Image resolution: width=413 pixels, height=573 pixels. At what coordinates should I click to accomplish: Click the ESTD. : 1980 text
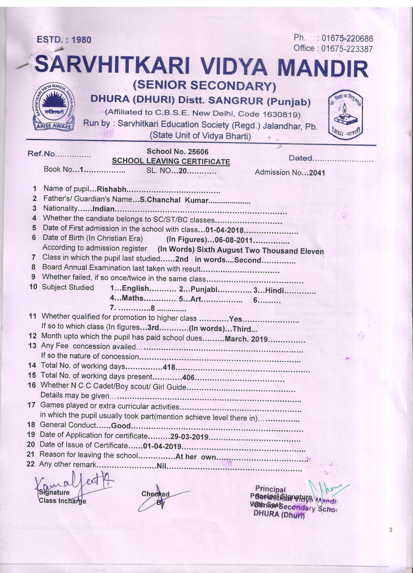click(64, 40)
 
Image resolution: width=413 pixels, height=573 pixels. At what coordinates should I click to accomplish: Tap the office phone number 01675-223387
click(347, 49)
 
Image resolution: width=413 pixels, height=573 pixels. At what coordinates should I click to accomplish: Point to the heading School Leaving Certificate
click(171, 161)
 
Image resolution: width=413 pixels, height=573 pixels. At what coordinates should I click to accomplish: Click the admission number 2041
click(317, 173)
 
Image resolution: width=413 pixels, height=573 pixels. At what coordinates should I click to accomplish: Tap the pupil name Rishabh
click(112, 189)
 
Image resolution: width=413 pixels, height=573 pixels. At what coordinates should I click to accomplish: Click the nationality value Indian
click(104, 209)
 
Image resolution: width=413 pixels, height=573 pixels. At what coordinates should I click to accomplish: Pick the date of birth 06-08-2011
click(234, 240)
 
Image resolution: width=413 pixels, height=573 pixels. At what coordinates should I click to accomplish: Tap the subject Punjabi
click(204, 289)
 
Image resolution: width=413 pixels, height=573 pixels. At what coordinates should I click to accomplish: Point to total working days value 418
click(169, 367)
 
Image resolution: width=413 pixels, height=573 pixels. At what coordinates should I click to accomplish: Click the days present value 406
click(188, 378)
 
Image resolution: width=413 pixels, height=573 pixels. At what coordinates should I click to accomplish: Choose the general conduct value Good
click(121, 426)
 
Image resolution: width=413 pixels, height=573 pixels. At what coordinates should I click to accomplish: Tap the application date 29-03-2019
click(190, 437)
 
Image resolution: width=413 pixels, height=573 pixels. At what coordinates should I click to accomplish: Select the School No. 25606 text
click(177, 152)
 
